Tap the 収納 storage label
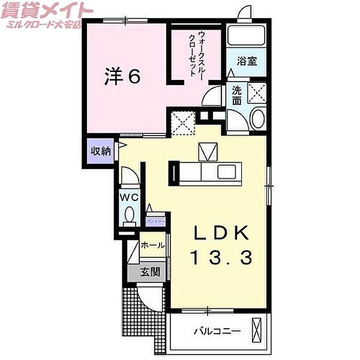click(x=101, y=151)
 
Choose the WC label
click(x=130, y=197)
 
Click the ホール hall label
click(x=152, y=245)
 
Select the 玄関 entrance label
click(x=150, y=272)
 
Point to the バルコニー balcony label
click(x=217, y=331)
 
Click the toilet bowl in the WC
click(x=129, y=214)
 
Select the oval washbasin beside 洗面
click(x=258, y=118)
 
